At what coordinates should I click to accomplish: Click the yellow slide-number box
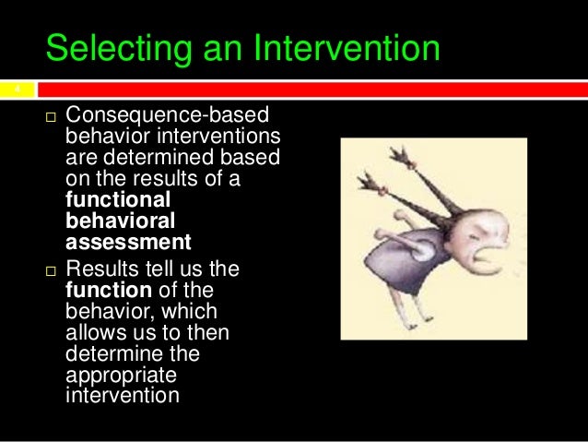pyautogui.click(x=16, y=90)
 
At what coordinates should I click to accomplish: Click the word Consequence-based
pyautogui.click(x=167, y=117)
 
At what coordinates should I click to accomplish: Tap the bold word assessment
pyautogui.click(x=128, y=244)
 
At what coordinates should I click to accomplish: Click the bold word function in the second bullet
pyautogui.click(x=104, y=291)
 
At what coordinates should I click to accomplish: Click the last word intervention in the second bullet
pyautogui.click(x=122, y=397)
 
